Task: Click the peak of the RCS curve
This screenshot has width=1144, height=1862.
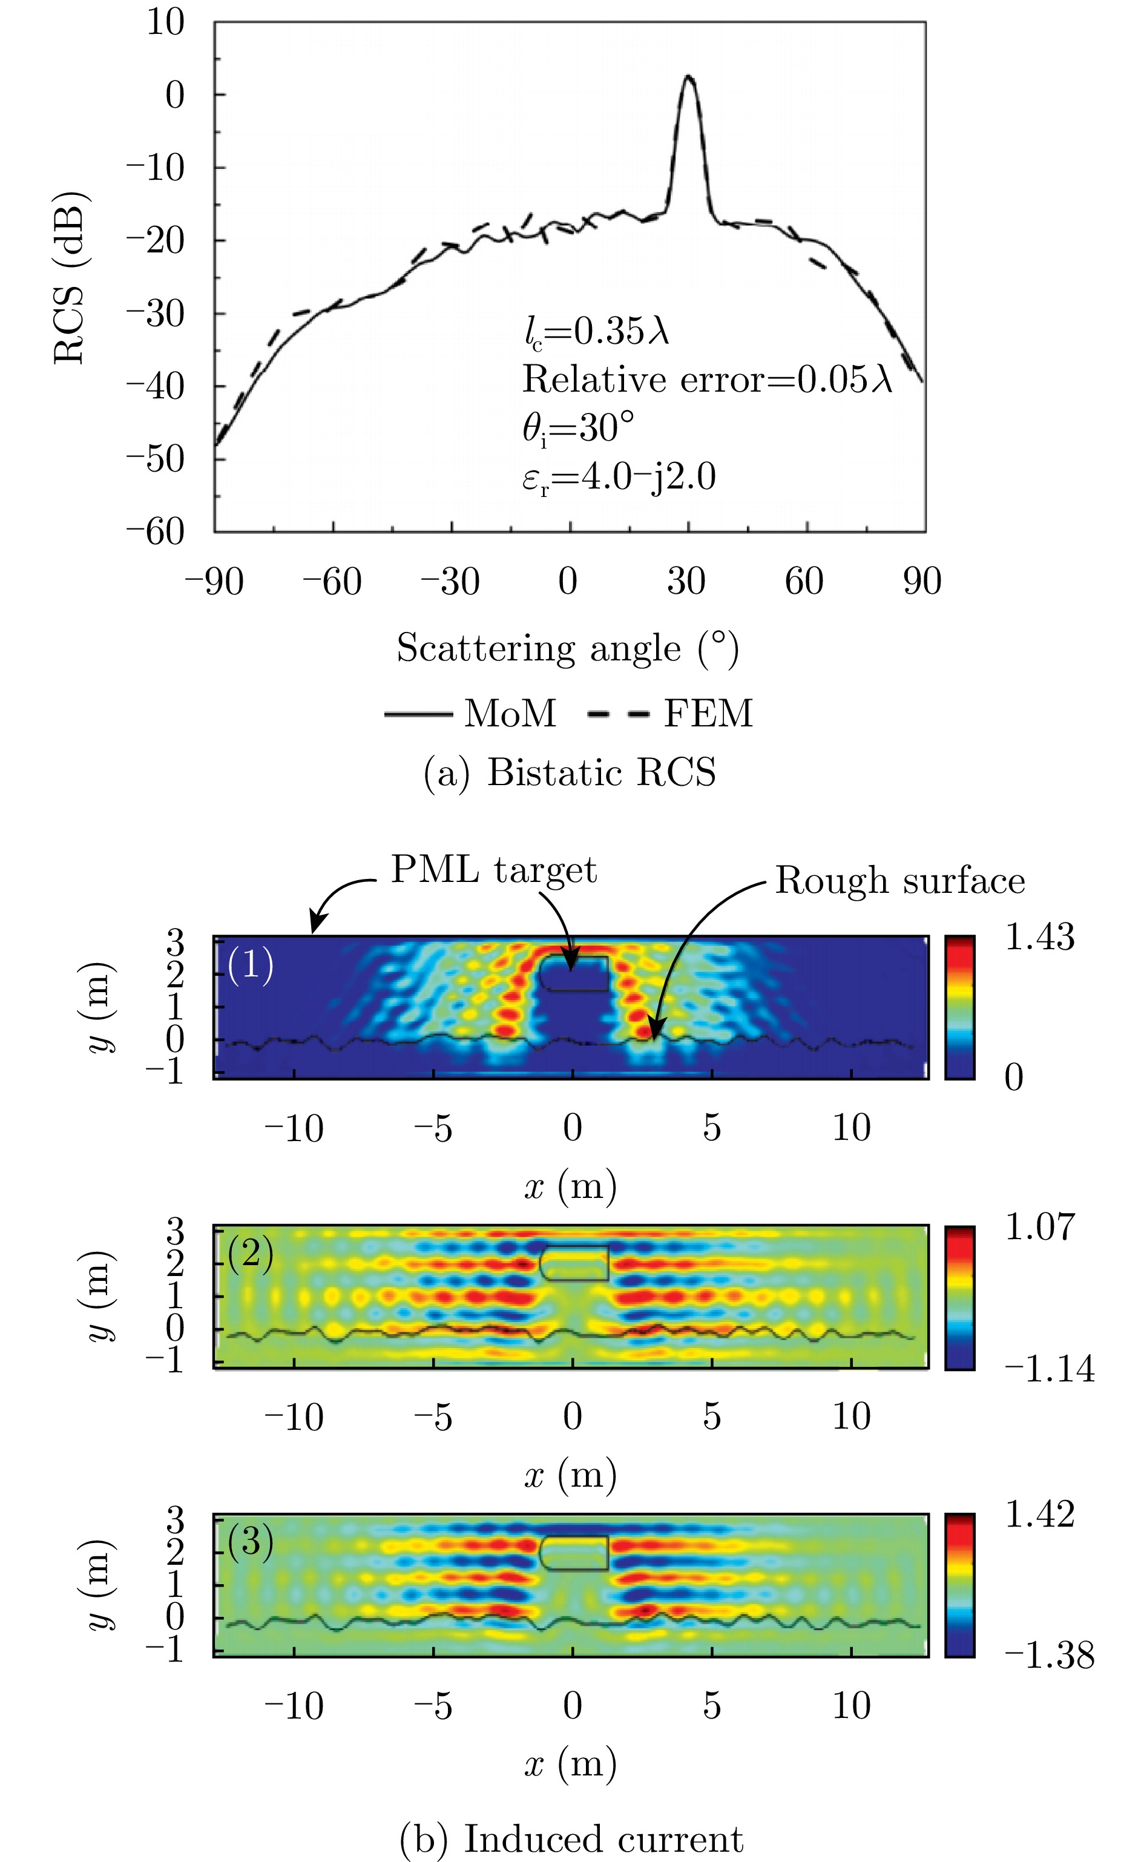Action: [688, 76]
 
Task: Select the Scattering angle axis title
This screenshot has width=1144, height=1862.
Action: [568, 648]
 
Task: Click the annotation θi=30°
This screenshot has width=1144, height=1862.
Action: [578, 428]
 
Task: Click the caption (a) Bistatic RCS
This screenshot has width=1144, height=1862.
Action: [569, 772]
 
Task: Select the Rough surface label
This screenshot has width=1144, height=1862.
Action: [899, 881]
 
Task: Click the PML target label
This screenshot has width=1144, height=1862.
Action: [493, 870]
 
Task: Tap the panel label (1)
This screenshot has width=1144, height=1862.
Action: [251, 966]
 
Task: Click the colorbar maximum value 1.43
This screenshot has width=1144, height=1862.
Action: [1039, 938]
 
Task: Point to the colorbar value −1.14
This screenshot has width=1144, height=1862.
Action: [1048, 1368]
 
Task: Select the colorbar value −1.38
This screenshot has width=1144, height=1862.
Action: [1048, 1656]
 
